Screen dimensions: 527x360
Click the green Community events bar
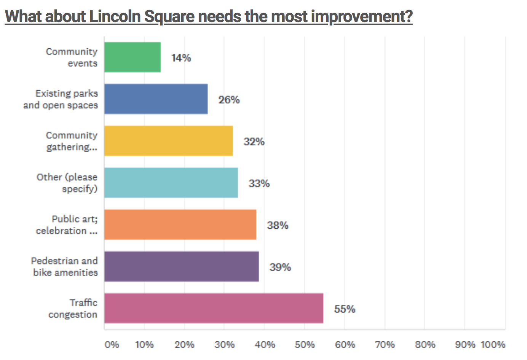133,57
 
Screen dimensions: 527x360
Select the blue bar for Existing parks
156,99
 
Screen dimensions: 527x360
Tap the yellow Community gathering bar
169,141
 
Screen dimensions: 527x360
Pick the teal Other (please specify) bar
171,183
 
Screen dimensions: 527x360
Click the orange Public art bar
180,225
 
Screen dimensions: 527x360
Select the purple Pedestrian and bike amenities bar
182,266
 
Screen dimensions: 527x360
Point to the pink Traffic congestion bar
214,308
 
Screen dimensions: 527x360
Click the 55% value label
345,309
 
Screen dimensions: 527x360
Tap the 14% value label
181,58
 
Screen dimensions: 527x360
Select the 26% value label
229,100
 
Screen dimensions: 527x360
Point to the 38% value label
278,225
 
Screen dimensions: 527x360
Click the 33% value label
259,183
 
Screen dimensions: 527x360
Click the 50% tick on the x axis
305,345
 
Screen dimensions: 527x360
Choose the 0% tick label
112,345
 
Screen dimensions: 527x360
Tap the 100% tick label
493,345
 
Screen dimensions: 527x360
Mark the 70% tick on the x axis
385,345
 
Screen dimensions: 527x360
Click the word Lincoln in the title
115,16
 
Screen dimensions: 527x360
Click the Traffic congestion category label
73,309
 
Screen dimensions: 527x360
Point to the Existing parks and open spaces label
61,99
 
